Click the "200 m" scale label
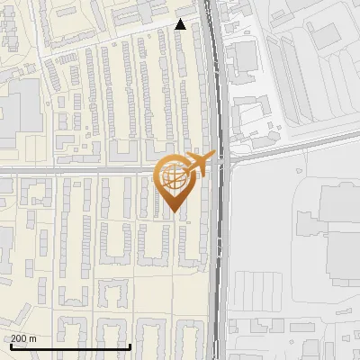coord(24,338)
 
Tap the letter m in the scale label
coord(33,338)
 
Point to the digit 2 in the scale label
coord(14,338)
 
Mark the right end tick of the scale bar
coord(130,346)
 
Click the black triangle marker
coord(181,24)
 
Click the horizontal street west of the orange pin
coord(81,168)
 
